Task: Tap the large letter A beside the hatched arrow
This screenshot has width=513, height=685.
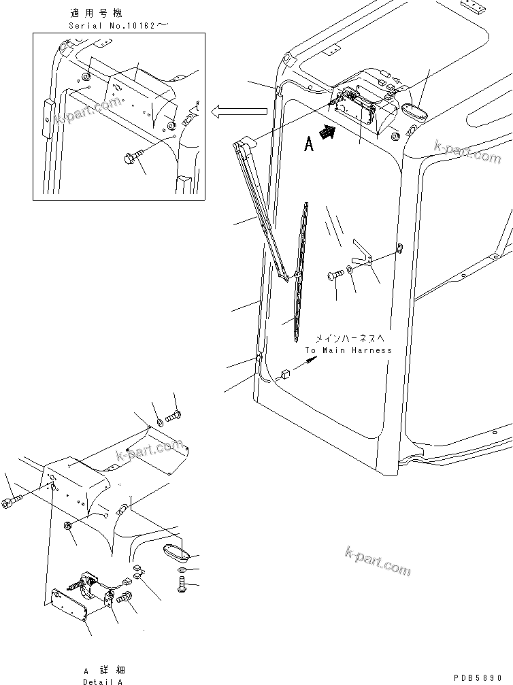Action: click(309, 144)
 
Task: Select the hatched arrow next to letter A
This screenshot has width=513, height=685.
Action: click(329, 135)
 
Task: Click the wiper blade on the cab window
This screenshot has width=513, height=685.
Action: click(301, 272)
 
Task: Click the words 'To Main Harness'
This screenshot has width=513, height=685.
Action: click(348, 350)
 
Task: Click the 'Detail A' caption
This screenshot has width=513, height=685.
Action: click(103, 681)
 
